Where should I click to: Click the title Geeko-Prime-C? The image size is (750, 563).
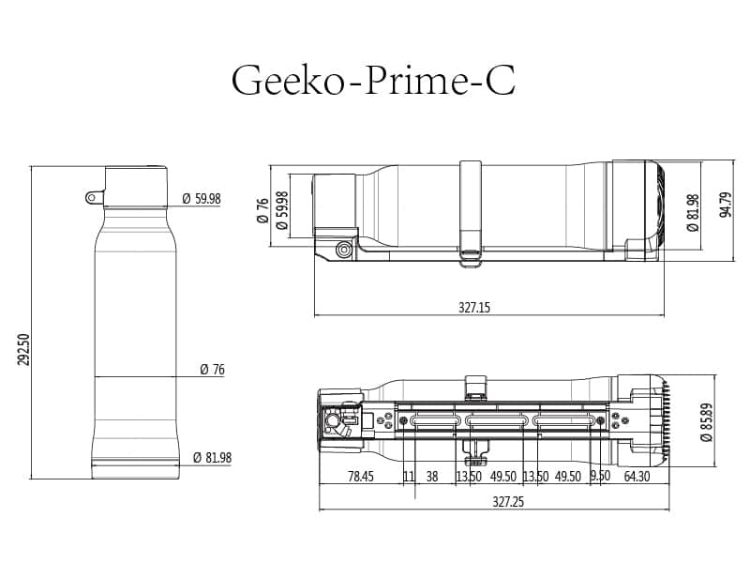click(373, 81)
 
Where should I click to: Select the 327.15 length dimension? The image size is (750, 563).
click(475, 307)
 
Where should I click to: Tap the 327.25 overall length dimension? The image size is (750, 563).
click(507, 502)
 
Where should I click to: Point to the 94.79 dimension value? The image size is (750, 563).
click(725, 204)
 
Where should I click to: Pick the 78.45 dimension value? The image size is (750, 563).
click(360, 477)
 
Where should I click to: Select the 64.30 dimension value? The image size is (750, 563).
click(636, 477)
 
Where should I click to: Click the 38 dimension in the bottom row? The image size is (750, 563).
click(432, 477)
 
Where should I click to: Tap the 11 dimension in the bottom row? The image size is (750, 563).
click(409, 477)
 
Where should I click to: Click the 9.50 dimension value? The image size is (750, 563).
click(600, 477)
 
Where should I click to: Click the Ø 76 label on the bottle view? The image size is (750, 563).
click(212, 370)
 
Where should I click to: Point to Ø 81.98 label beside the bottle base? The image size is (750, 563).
click(212, 457)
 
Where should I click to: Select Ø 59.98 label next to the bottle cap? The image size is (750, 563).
click(201, 198)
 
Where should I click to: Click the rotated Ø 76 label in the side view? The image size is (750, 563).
click(262, 209)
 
